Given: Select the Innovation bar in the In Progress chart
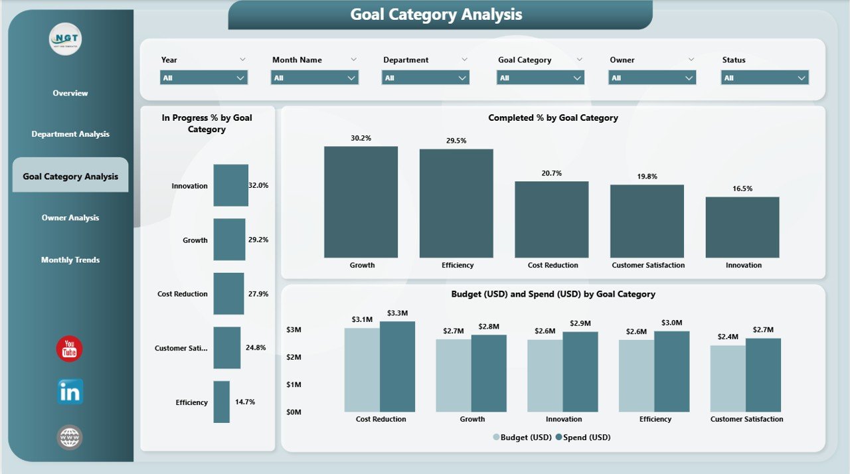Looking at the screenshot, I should [230, 185].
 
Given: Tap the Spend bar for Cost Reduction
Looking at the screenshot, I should [397, 366].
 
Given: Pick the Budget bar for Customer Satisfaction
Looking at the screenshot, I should [728, 378].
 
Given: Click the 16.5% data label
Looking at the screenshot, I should [742, 189].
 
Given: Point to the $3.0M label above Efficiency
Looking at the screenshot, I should [671, 323].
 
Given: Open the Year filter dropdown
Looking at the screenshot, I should [204, 78].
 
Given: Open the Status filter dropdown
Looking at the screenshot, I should [764, 78].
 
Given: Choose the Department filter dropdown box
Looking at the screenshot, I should [426, 78].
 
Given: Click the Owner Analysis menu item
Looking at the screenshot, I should [70, 218].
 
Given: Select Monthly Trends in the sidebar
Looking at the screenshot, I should [70, 260].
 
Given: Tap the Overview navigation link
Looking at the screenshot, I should [70, 93].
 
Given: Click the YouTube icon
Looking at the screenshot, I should [70, 349].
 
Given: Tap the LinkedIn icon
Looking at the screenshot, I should [70, 392].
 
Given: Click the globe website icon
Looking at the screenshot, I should [70, 437].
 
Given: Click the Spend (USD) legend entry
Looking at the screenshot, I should [582, 437].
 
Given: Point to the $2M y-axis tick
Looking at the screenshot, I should [293, 357].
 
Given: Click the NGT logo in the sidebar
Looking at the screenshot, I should [66, 40].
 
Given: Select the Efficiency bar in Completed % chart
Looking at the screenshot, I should [456, 203].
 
